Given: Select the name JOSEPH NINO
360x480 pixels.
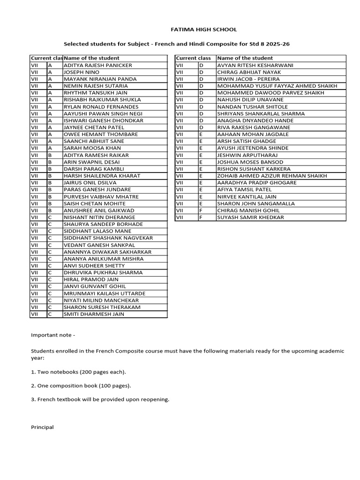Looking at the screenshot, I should (82, 72).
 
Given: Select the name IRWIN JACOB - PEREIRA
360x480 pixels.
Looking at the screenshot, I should (248, 79).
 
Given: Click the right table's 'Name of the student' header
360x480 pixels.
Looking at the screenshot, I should (245, 58).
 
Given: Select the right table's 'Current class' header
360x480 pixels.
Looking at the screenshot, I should (193, 58).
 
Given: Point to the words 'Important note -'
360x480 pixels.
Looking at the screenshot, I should (53, 336).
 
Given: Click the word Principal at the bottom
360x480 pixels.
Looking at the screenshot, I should (42, 427).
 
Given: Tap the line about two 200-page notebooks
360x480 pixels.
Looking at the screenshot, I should (79, 372).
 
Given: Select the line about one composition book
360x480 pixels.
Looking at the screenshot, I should (81, 385).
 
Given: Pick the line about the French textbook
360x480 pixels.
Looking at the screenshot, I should (100, 399).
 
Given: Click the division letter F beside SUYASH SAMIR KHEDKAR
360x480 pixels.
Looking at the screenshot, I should (201, 217).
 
